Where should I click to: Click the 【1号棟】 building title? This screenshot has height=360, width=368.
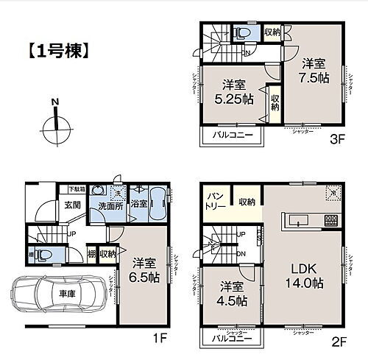59,52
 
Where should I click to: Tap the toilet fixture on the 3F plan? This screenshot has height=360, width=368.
244,34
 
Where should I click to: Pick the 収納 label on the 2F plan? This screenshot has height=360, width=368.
247,202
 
